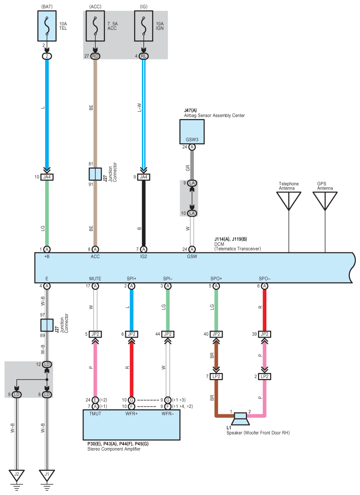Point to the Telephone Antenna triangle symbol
click(x=289, y=201)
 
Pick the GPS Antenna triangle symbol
click(x=325, y=201)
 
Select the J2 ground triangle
click(x=17, y=475)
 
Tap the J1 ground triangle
click(x=47, y=475)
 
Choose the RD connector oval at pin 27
click(x=95, y=56)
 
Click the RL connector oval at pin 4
click(x=144, y=56)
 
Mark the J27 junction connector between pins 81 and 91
click(x=95, y=174)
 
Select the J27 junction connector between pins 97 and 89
click(x=47, y=325)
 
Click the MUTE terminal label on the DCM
click(x=95, y=278)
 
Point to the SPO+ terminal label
click(x=216, y=278)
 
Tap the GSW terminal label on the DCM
click(x=192, y=257)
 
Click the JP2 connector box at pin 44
click(x=168, y=334)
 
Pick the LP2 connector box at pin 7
click(x=216, y=376)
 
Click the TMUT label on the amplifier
click(x=95, y=414)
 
